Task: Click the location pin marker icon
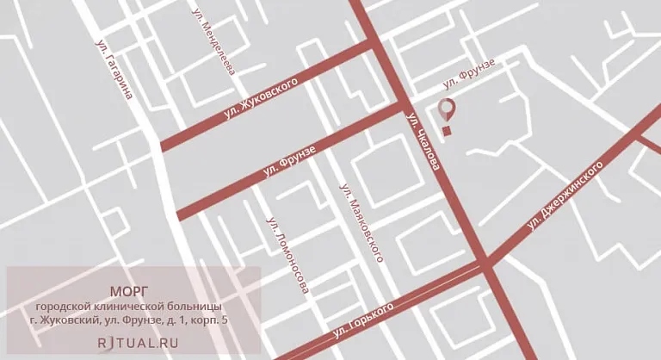click(x=446, y=109)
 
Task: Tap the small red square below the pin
click(x=446, y=131)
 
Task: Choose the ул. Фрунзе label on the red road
click(x=288, y=164)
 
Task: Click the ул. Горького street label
click(x=362, y=320)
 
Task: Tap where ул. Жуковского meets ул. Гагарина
click(x=161, y=146)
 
